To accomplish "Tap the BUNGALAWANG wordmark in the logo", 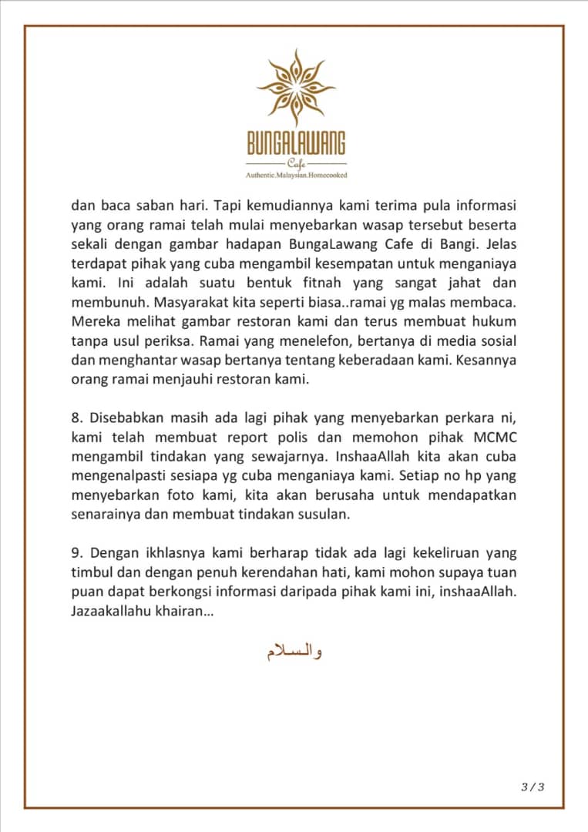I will pyautogui.click(x=296, y=143).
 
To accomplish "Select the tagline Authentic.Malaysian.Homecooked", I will pyautogui.click(x=296, y=176).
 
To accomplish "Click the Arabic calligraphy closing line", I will pyautogui.click(x=294, y=653).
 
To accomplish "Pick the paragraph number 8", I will pyautogui.click(x=76, y=419).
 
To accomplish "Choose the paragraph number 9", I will pyautogui.click(x=76, y=555).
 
